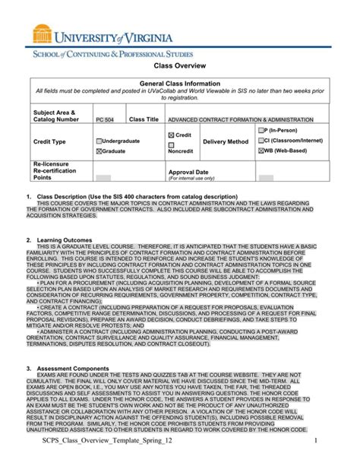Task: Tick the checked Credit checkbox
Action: coord(171,135)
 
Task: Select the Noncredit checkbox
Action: coord(171,144)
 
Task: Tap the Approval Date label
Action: coord(188,173)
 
